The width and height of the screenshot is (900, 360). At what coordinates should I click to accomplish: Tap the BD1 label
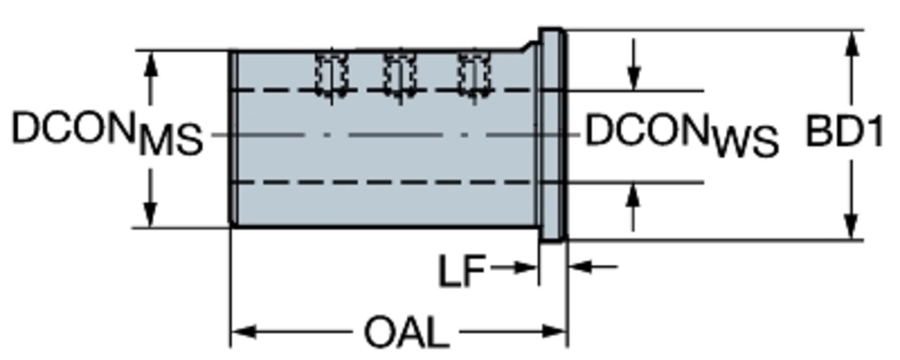844,131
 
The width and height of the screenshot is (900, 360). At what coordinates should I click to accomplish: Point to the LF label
462,271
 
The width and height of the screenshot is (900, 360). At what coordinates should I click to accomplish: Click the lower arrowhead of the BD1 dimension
851,227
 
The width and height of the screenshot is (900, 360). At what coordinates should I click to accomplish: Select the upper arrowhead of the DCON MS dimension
150,63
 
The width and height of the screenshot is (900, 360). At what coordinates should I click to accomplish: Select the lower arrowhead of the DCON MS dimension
150,215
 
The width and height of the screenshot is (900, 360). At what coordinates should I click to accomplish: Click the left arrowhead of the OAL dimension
244,332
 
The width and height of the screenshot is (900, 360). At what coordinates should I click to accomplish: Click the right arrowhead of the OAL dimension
555,332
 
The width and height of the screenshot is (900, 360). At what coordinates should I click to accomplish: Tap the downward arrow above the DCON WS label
634,64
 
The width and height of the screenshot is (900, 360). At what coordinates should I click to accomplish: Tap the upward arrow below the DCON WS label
634,207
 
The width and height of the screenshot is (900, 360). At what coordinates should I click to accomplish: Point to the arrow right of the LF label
513,266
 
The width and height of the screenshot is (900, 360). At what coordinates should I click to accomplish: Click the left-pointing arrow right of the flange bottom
593,266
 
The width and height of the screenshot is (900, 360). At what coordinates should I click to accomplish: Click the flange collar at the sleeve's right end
553,135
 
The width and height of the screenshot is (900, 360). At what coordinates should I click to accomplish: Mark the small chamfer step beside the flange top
529,46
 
